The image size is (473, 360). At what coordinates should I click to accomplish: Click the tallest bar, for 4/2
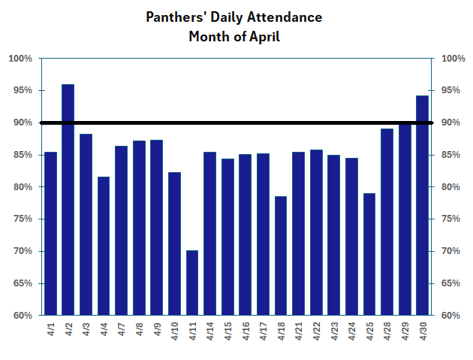68,199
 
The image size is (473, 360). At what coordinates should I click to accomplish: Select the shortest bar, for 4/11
191,283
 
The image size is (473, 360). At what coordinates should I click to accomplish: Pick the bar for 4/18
280,256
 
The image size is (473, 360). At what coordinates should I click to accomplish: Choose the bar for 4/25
369,254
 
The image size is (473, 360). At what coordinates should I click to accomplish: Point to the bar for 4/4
104,246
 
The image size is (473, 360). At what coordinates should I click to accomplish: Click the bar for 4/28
387,222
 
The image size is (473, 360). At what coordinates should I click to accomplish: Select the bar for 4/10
174,244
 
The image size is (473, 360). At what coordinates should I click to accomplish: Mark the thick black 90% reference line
236,123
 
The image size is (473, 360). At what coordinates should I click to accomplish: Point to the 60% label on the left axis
20,316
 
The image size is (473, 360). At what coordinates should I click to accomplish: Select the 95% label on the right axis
453,91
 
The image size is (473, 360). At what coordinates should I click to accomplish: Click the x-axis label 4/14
210,331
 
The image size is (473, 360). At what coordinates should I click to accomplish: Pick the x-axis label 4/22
317,331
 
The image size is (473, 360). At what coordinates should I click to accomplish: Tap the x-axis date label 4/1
51,330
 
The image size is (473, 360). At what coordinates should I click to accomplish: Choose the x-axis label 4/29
405,331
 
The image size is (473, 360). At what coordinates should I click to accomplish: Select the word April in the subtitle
264,36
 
